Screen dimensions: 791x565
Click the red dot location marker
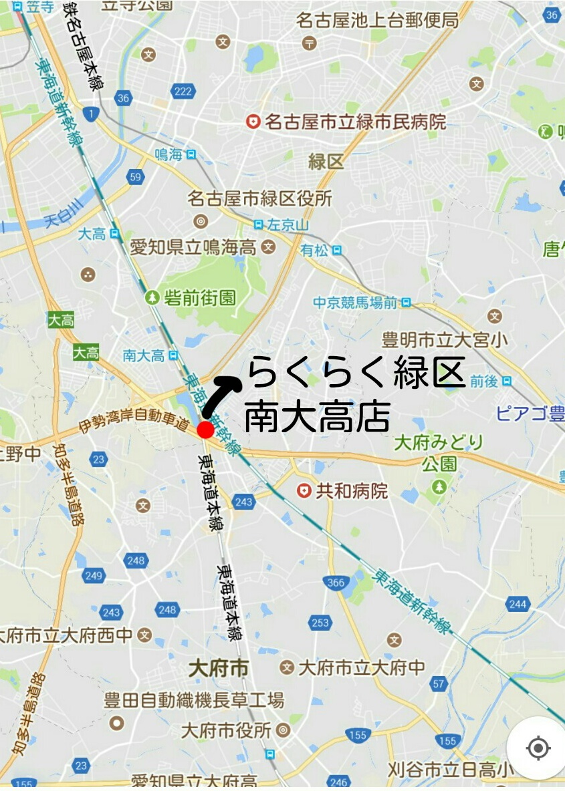pos(205,430)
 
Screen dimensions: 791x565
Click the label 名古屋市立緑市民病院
pos(354,122)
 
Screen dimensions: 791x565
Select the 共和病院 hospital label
pos(351,491)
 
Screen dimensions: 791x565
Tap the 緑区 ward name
pos(326,161)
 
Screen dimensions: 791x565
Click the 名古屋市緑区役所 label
pos(259,198)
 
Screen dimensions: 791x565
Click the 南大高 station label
pos(144,355)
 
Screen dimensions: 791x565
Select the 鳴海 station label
pos(168,155)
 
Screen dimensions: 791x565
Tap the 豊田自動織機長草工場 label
pos(194,701)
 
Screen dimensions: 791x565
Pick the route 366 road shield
pos(336,583)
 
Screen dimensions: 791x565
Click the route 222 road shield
pos(182,92)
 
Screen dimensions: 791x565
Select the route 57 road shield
pos(439,683)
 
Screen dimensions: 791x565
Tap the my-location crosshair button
pos(538,748)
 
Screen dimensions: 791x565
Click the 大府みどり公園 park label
pos(439,452)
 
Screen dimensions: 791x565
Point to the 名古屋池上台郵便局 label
pos(378,21)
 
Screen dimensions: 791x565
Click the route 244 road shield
pos(518,604)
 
